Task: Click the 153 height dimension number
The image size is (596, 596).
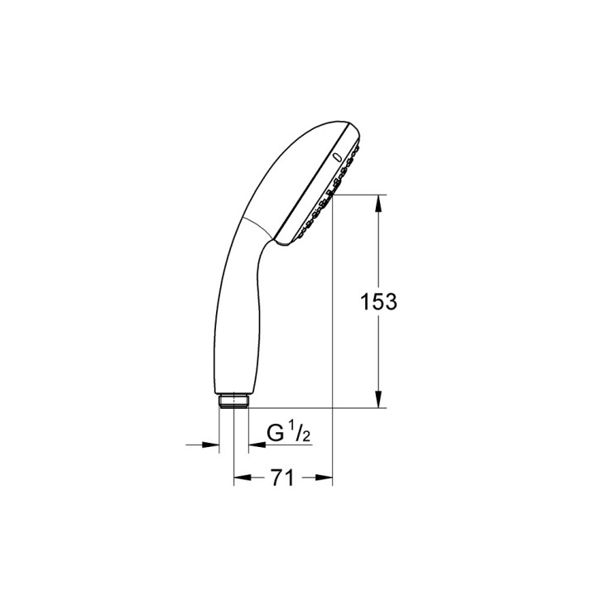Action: point(378,302)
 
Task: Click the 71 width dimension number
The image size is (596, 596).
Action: point(282,478)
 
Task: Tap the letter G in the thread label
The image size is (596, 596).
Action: point(275,433)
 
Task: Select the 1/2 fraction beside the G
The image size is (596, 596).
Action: point(300,433)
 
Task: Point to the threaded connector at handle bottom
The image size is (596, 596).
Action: point(233,401)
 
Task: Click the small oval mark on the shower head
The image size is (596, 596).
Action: point(337,156)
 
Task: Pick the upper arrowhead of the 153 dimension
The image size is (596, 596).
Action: point(377,204)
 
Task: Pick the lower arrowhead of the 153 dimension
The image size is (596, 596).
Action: point(377,399)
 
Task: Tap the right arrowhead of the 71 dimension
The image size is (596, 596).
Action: point(324,478)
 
